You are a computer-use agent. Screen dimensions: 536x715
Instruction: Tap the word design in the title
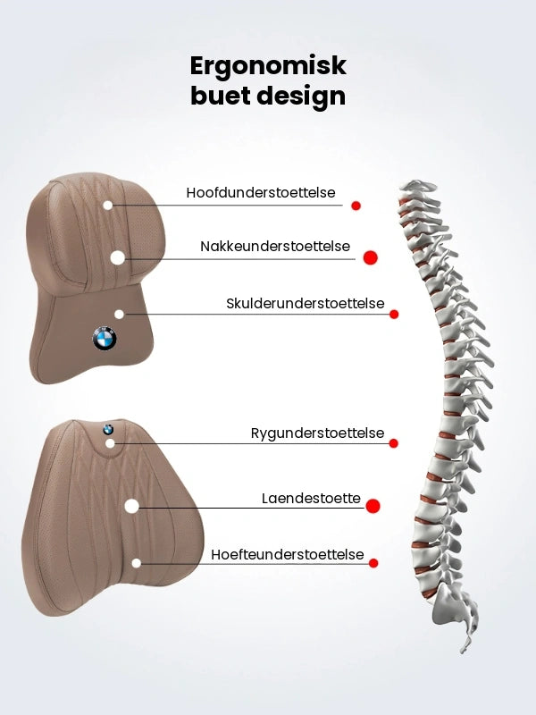pyautogui.click(x=301, y=97)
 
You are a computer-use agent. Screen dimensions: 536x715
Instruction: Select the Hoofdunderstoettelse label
pyautogui.click(x=261, y=192)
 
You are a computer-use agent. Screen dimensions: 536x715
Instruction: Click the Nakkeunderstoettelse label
pyautogui.click(x=275, y=247)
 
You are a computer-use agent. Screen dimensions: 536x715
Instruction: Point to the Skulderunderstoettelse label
pyautogui.click(x=306, y=303)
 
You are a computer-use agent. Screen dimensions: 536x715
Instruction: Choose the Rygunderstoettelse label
pyautogui.click(x=318, y=433)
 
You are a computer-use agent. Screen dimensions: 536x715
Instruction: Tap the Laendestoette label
pyautogui.click(x=311, y=498)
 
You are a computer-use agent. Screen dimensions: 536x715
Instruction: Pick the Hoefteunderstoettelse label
pyautogui.click(x=288, y=554)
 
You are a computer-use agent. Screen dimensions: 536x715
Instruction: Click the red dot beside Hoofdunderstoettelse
pyautogui.click(x=356, y=206)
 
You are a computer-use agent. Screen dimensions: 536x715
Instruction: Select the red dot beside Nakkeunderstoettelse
pyautogui.click(x=371, y=257)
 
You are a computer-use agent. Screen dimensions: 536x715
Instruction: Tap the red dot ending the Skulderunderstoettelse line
pyautogui.click(x=394, y=315)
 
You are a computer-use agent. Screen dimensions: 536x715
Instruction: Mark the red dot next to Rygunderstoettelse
pyautogui.click(x=394, y=443)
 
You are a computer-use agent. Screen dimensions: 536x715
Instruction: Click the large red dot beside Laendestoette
pyautogui.click(x=373, y=506)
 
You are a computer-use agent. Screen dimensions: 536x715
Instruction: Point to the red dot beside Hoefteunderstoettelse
pyautogui.click(x=373, y=563)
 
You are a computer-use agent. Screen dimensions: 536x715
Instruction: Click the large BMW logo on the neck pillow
pyautogui.click(x=105, y=339)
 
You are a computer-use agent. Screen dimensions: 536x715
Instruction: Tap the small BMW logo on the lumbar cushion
pyautogui.click(x=108, y=429)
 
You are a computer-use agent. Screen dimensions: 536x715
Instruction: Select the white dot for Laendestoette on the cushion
pyautogui.click(x=131, y=506)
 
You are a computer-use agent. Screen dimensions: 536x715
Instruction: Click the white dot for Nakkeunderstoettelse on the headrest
pyautogui.click(x=118, y=257)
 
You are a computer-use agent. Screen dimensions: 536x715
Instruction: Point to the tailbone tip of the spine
pyautogui.click(x=465, y=649)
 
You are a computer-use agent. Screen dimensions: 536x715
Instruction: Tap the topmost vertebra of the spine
pyautogui.click(x=418, y=186)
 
